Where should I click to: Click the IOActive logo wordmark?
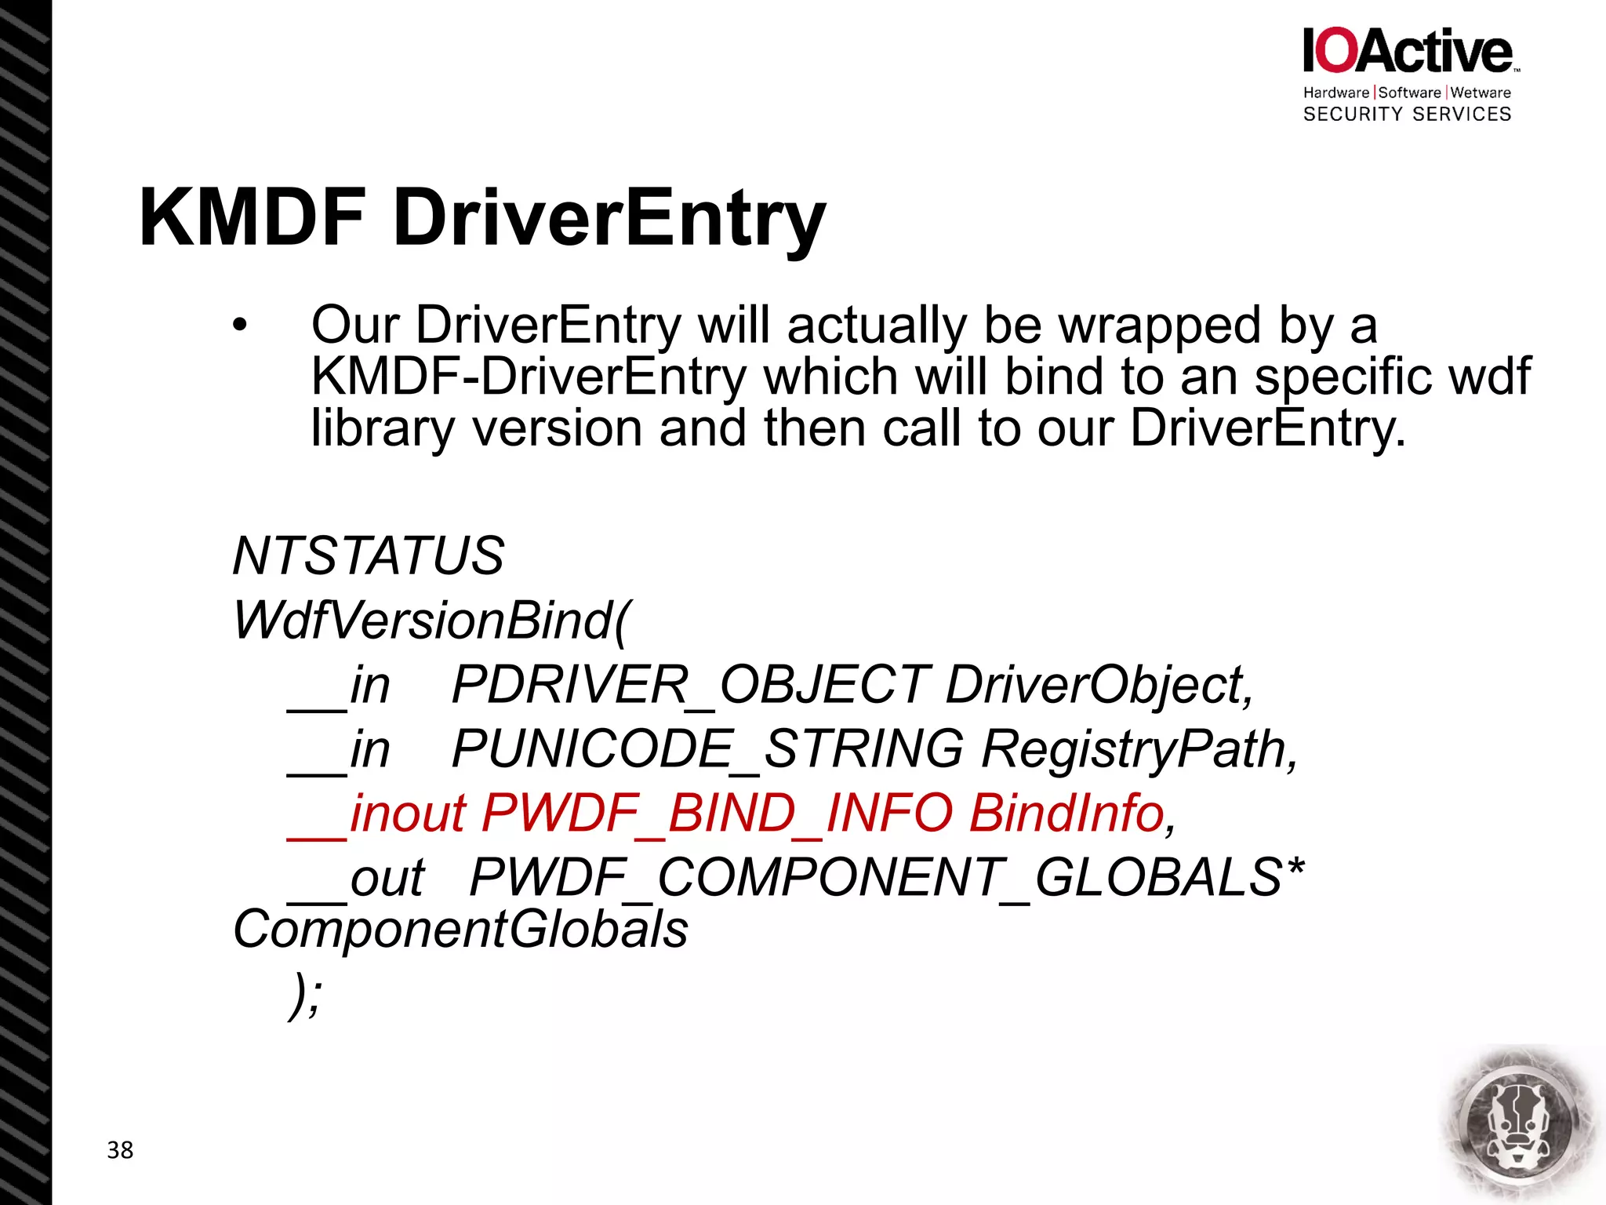click(x=1408, y=51)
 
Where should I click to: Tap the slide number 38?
click(x=120, y=1150)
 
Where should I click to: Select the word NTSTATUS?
click(x=368, y=556)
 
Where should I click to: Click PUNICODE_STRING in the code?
click(x=707, y=749)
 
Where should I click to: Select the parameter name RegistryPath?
click(x=1139, y=749)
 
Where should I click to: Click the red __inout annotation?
click(x=376, y=814)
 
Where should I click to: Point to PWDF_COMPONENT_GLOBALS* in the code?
click(x=886, y=878)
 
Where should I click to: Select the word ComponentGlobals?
click(x=460, y=930)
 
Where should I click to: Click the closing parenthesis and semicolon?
click(x=305, y=995)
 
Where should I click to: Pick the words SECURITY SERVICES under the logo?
click(x=1407, y=115)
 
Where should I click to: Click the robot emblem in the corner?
click(x=1518, y=1125)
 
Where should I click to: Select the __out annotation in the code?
click(x=357, y=878)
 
